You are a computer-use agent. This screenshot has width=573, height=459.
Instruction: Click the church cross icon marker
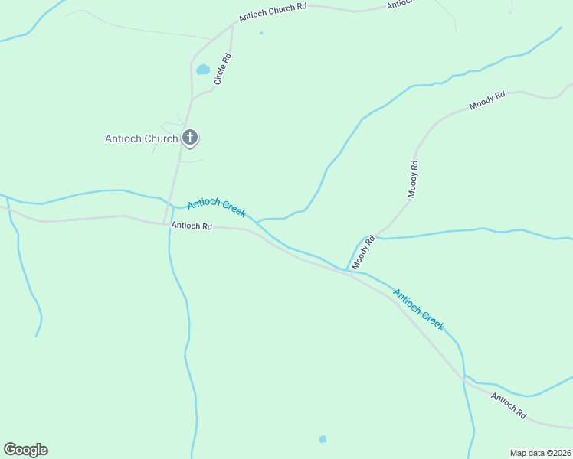190,138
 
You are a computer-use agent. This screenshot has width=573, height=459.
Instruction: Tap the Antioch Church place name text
142,138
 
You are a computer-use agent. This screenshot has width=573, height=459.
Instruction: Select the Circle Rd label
223,68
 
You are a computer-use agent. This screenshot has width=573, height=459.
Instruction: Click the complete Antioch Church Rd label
273,11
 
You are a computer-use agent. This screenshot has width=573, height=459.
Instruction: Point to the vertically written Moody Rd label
413,179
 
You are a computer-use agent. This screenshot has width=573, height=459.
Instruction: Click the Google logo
25,450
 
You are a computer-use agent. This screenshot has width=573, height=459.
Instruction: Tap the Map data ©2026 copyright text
540,453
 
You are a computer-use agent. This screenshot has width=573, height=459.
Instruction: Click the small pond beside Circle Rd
203,70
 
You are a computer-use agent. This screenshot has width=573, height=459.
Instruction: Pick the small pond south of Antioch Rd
323,439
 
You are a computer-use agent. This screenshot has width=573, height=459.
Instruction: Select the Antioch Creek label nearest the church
217,207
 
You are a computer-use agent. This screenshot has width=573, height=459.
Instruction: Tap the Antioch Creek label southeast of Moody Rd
418,309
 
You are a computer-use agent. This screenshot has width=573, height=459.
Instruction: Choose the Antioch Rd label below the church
192,226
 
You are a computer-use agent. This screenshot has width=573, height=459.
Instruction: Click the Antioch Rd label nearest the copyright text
509,405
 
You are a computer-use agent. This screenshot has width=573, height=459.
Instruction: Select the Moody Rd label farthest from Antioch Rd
488,99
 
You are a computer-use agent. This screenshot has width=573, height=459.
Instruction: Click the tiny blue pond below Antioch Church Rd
261,33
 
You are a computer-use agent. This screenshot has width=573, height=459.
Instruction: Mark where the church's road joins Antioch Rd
165,223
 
